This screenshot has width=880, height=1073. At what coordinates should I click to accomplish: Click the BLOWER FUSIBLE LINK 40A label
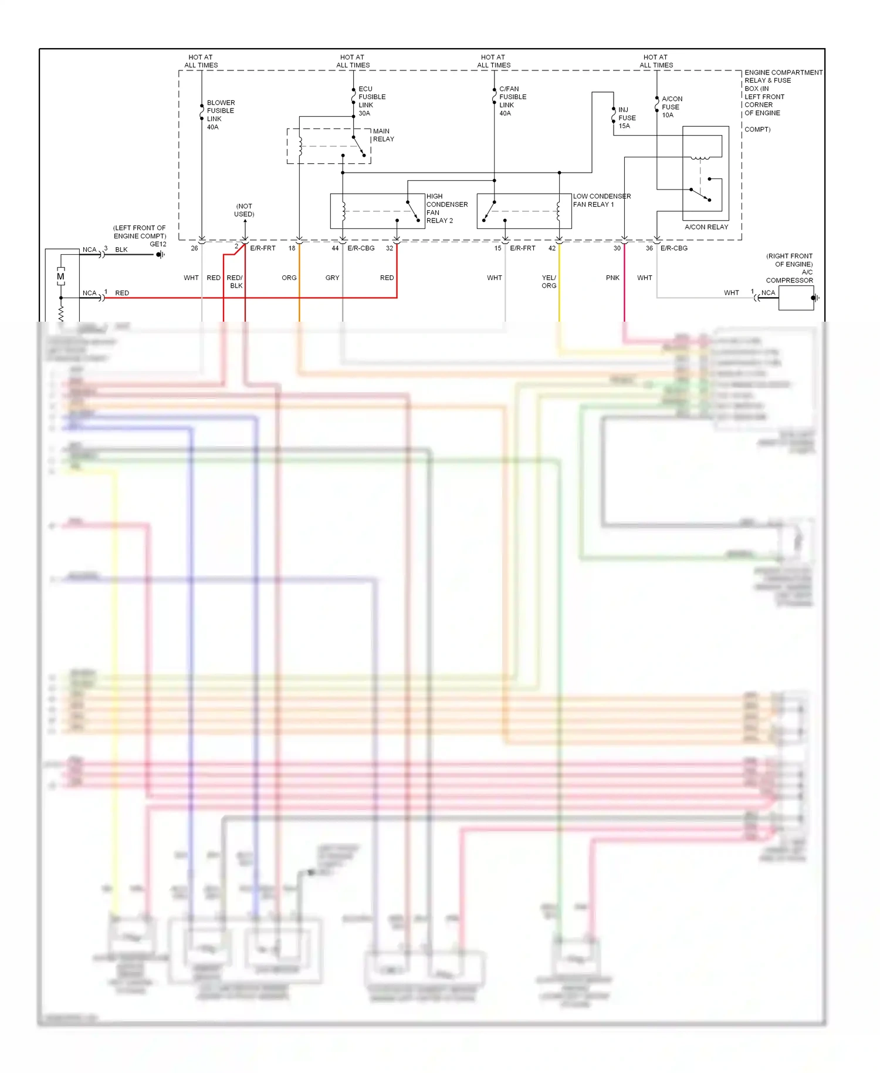pos(220,114)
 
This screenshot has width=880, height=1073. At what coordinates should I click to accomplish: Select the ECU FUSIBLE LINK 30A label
pos(371,101)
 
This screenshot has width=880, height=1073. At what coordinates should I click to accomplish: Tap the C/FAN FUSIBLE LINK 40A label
pos(512,101)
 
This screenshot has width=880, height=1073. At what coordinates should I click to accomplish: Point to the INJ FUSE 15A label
pos(627,117)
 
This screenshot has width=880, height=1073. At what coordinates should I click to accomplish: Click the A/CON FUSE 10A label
pos(671,107)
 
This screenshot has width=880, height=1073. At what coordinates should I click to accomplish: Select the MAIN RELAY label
pos(383,135)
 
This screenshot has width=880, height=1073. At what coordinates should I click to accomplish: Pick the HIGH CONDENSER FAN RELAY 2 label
pos(446,208)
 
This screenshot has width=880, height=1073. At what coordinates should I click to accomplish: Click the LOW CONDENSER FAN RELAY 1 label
pos(601,200)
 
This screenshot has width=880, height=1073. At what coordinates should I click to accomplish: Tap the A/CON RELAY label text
pos(706,227)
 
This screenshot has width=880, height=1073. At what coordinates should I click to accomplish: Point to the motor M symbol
pos(60,276)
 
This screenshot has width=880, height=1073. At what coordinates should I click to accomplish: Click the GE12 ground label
pos(158,244)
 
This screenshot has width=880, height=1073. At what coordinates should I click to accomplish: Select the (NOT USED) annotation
pos(244,210)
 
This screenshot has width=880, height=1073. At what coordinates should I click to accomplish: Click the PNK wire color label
pos(612,278)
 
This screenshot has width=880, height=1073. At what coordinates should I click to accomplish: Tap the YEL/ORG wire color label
pos(549,282)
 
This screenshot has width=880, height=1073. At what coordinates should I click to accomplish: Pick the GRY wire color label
pos(332,278)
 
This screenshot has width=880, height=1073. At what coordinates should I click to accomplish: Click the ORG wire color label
pos(289,278)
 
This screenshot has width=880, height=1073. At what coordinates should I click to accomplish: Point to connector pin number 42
pos(551,248)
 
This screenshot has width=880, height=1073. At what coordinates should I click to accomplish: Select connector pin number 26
pos(194,248)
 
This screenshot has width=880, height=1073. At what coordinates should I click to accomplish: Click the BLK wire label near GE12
pos(121,249)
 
